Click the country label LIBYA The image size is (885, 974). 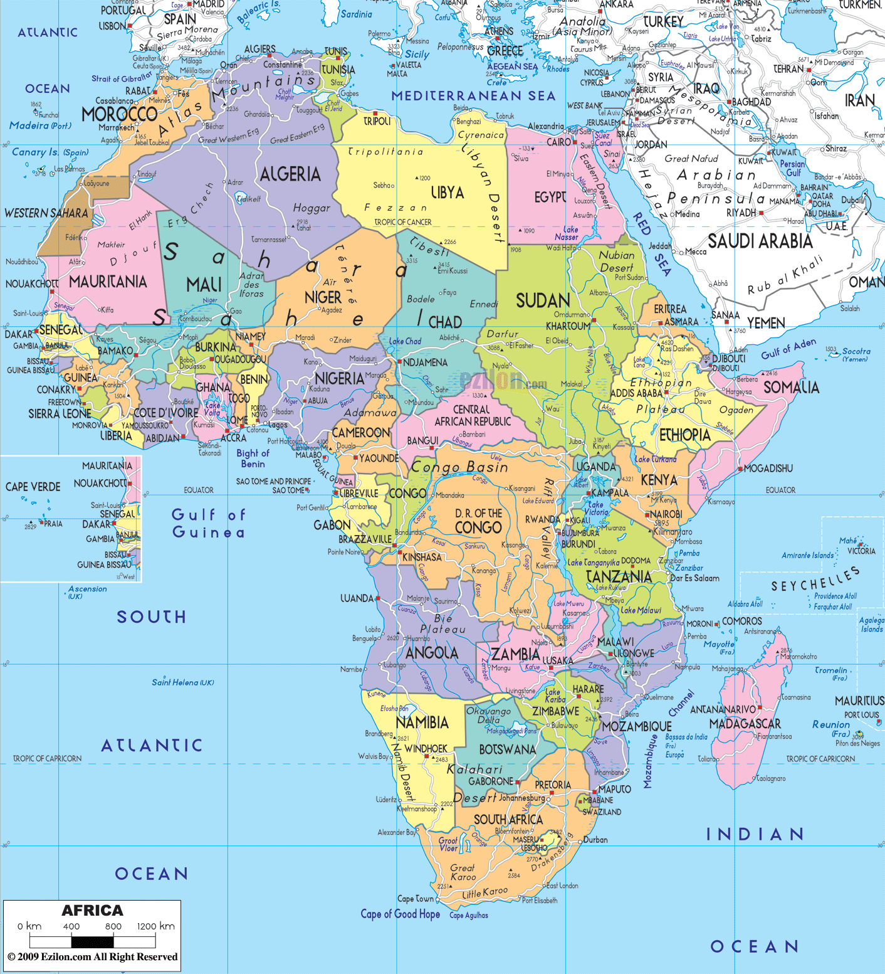[447, 193]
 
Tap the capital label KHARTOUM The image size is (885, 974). [568, 326]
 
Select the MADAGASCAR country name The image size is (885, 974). [745, 724]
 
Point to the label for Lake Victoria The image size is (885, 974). [596, 509]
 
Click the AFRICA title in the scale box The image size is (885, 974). [92, 911]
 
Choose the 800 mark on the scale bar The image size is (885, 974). [113, 926]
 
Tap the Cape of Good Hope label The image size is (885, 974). [400, 914]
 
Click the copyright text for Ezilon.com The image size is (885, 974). [92, 956]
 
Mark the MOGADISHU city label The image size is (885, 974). [768, 468]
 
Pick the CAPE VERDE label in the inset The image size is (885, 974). [33, 487]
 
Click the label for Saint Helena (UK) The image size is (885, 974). [182, 682]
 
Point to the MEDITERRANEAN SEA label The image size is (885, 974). [473, 96]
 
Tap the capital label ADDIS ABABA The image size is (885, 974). [636, 393]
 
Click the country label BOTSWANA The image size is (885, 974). [507, 749]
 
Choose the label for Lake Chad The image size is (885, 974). [405, 341]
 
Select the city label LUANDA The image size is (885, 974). [357, 598]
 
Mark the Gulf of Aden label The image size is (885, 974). [788, 349]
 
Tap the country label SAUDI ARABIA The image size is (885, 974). [760, 241]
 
